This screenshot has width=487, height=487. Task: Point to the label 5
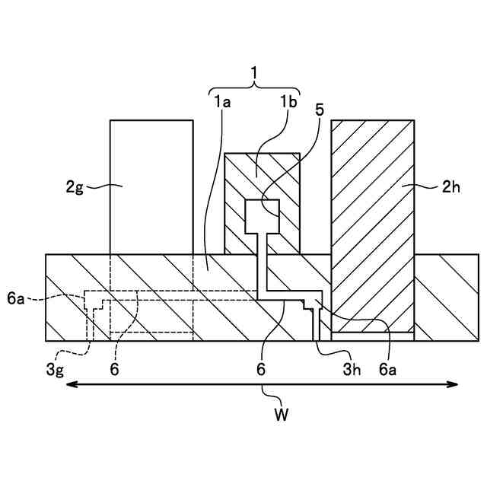point(320,109)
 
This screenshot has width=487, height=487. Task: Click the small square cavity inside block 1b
point(263,216)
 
